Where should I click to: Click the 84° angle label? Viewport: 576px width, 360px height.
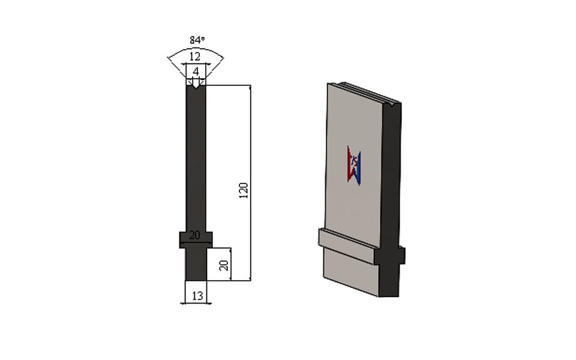[x=197, y=40]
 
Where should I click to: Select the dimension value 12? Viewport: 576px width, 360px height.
[x=194, y=56]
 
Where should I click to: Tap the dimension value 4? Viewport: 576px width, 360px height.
[x=196, y=71]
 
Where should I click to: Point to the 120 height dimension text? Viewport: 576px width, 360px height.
[x=244, y=190]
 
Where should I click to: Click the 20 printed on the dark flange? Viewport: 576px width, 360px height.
[x=194, y=235]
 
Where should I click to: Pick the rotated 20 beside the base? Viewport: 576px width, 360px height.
[x=224, y=265]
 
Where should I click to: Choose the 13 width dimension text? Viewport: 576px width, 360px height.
[x=197, y=295]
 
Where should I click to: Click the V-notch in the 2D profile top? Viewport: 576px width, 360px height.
[x=196, y=86]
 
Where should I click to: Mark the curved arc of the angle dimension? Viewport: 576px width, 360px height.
[x=196, y=49]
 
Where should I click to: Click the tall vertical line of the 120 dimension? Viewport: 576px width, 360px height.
[x=251, y=183]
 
